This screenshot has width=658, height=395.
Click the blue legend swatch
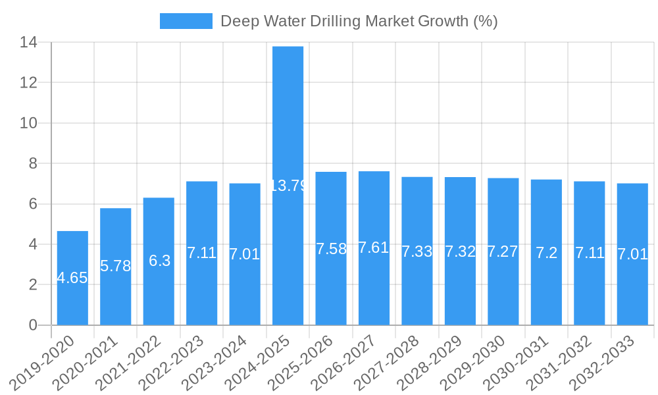coord(186,21)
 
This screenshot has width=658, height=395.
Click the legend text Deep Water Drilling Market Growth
coord(359,21)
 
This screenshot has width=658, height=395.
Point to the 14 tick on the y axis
coord(29,43)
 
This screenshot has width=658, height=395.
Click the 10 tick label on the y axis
coord(29,123)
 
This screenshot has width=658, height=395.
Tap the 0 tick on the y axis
coord(34,325)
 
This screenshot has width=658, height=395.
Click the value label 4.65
coord(72,278)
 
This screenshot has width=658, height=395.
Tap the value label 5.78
coord(116,266)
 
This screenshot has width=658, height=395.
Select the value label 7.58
coord(331,249)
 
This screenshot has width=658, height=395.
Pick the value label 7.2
coord(546,253)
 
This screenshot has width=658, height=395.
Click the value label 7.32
coord(460,251)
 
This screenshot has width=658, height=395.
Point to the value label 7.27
coord(503,251)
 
